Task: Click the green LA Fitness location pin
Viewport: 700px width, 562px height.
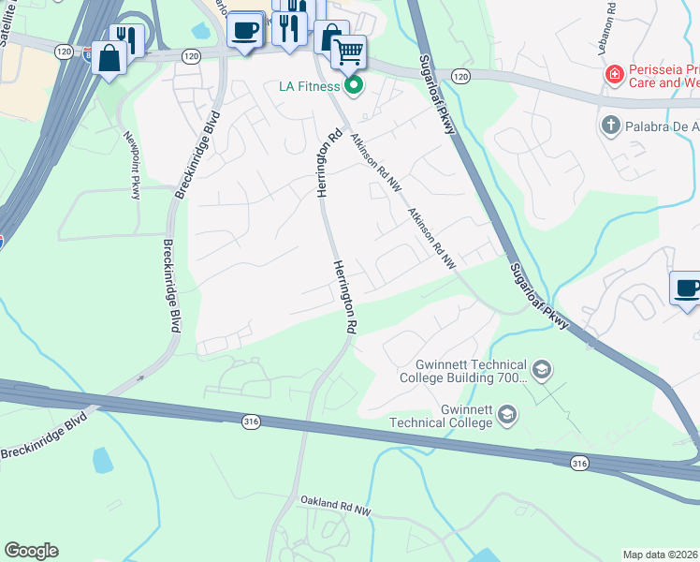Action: [354, 87]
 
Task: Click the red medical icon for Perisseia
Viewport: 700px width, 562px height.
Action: [614, 73]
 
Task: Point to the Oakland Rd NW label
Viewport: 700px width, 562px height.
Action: [337, 508]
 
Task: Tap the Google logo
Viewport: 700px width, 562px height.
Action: [31, 551]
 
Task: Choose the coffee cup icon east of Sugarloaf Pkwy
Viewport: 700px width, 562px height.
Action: [687, 288]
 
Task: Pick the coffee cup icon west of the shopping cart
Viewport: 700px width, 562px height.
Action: [245, 29]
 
